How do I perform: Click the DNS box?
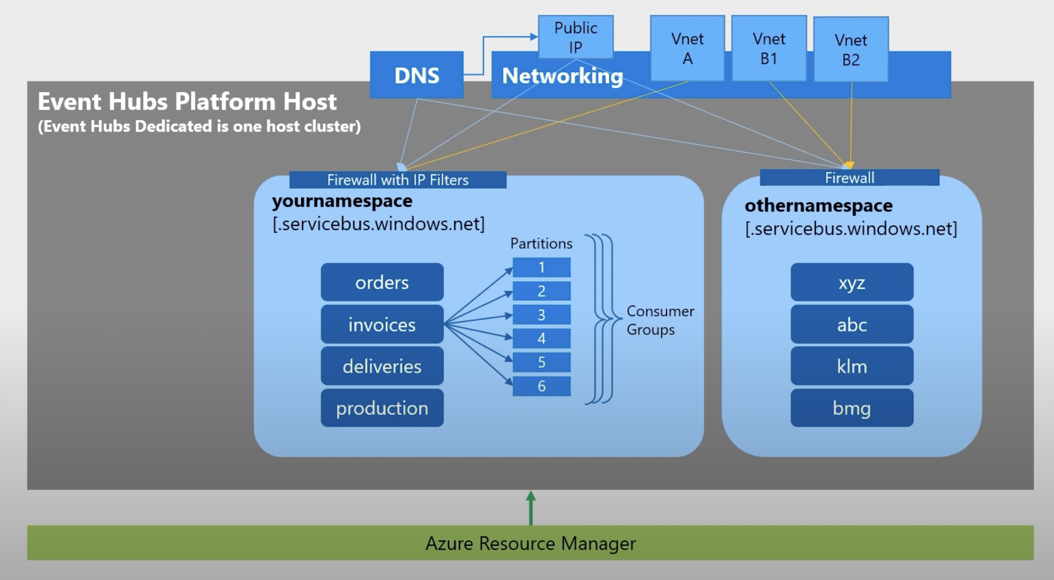(x=417, y=75)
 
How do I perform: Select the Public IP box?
(x=575, y=37)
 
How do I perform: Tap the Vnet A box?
(x=687, y=48)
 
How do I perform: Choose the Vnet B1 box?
(x=769, y=48)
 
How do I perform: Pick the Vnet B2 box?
(x=851, y=49)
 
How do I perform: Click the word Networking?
(x=562, y=76)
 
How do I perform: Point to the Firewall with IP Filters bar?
(x=398, y=180)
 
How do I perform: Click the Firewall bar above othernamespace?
(x=849, y=178)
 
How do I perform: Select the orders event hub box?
(x=382, y=282)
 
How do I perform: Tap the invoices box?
(x=382, y=325)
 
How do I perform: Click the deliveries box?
(x=382, y=366)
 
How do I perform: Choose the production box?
(x=382, y=408)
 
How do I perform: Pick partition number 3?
(x=541, y=315)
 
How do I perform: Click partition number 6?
(x=541, y=386)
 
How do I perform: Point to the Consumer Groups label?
(x=659, y=320)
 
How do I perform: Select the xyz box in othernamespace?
(x=851, y=282)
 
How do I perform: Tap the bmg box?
(x=851, y=408)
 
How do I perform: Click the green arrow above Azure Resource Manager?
(x=531, y=507)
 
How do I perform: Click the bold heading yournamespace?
(x=342, y=201)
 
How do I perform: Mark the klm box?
(x=851, y=366)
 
